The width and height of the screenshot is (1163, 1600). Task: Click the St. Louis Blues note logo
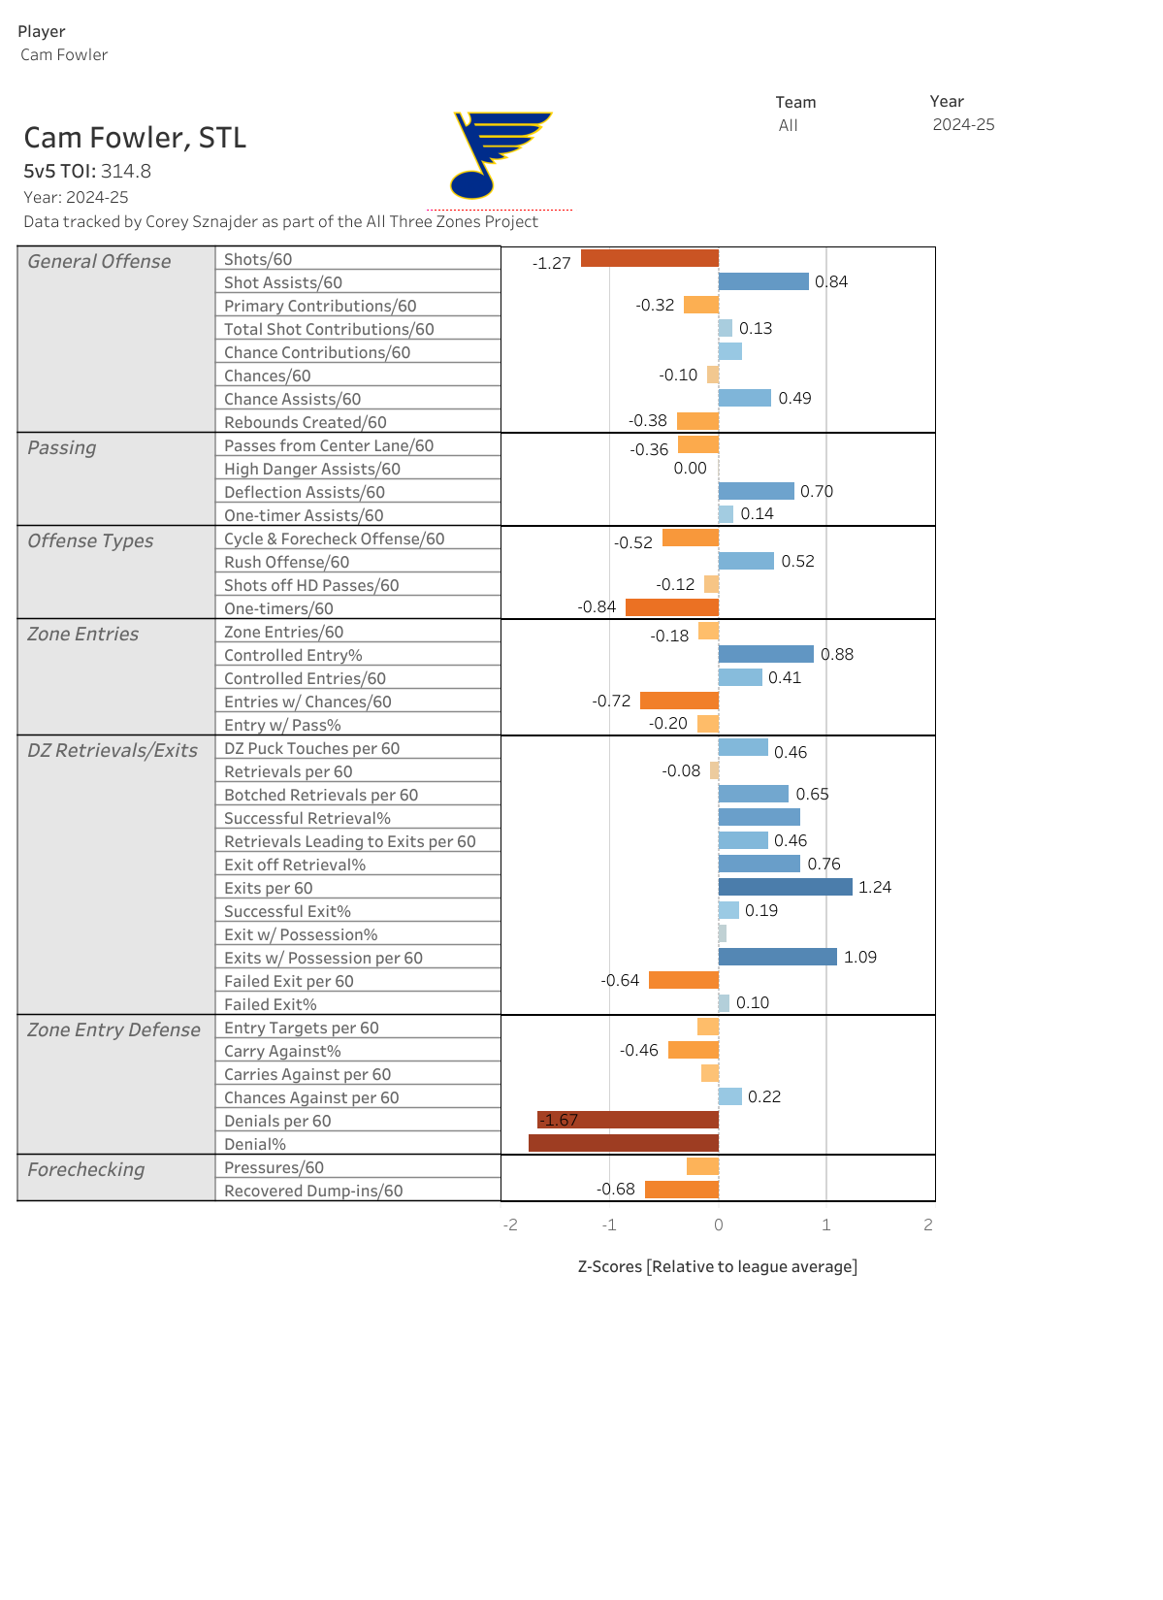(x=499, y=155)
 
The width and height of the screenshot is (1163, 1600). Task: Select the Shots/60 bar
(x=650, y=258)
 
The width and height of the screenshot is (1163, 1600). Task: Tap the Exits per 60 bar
(x=785, y=887)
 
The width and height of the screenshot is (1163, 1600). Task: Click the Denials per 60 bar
(x=629, y=1120)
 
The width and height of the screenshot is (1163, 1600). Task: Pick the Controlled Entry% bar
(x=766, y=654)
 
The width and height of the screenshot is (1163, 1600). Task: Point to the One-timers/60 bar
(x=672, y=607)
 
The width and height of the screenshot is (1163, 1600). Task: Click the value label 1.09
(x=860, y=957)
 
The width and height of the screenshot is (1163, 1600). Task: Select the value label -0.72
(x=612, y=701)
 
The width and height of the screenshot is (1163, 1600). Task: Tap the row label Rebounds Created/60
(x=306, y=422)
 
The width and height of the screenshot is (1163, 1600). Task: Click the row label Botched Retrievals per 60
(x=321, y=795)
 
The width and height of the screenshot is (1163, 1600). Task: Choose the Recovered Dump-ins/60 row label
(x=313, y=1191)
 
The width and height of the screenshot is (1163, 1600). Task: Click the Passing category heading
(x=62, y=447)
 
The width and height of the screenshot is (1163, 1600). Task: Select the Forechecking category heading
(x=86, y=1169)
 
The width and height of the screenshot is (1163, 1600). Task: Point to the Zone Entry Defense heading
(x=114, y=1029)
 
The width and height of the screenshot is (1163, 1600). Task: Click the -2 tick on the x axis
(x=510, y=1224)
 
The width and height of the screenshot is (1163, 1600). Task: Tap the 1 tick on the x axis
(x=826, y=1224)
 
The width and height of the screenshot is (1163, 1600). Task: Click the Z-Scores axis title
(x=718, y=1266)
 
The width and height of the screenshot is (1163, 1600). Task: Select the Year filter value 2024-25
(x=963, y=124)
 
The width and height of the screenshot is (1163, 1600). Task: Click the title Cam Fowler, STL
(x=135, y=138)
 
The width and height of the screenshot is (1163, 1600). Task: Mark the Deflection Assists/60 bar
(x=757, y=491)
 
